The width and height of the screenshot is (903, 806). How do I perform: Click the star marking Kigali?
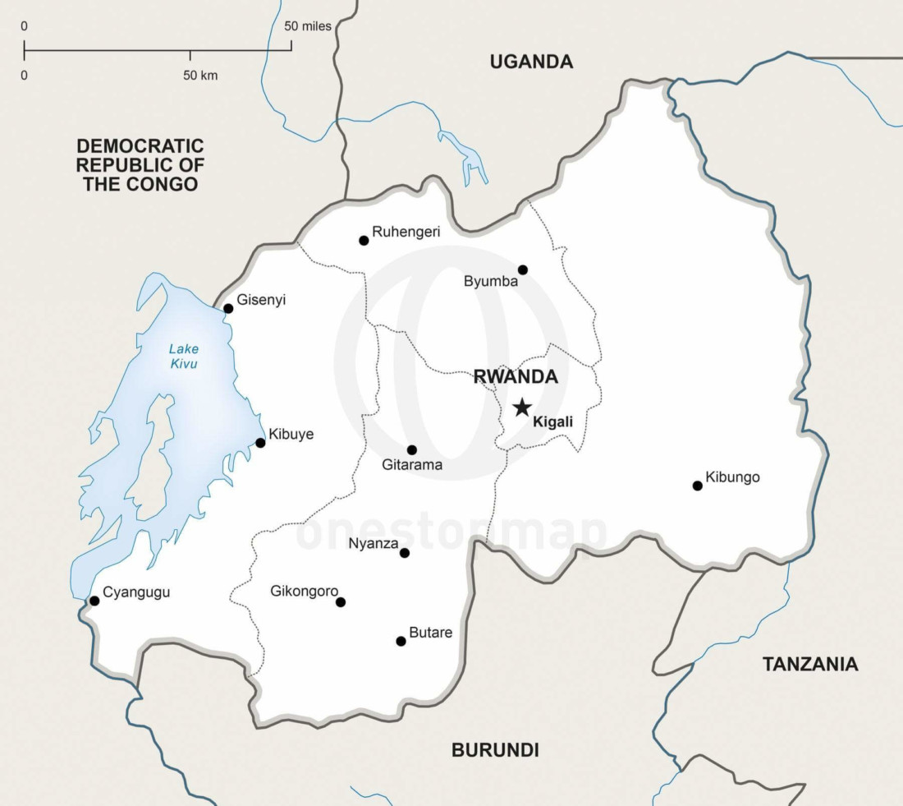click(521, 408)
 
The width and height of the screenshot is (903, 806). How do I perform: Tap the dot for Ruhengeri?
click(364, 241)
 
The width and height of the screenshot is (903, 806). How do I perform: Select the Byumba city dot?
click(523, 269)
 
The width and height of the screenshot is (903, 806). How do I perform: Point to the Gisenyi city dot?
click(228, 309)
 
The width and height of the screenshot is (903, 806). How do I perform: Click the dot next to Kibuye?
click(260, 443)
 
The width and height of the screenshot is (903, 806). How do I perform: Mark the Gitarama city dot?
click(412, 449)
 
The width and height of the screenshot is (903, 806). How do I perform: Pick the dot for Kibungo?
click(698, 486)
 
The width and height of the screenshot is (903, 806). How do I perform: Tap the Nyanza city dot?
click(404, 553)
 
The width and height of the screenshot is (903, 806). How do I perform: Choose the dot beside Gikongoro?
click(341, 602)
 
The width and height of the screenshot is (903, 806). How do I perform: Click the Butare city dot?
click(401, 641)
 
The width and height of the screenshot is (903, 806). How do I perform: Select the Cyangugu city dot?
click(94, 601)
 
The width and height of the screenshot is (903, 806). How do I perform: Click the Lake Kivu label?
click(184, 356)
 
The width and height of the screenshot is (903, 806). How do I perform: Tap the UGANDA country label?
click(531, 62)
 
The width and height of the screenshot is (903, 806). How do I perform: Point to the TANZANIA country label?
click(810, 664)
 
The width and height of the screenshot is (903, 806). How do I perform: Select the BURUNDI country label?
click(495, 749)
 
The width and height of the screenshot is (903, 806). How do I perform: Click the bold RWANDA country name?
click(516, 377)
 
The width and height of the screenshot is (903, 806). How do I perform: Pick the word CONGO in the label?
click(163, 184)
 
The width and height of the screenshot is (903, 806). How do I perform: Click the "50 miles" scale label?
click(308, 26)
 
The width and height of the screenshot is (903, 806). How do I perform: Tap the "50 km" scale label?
click(200, 76)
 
